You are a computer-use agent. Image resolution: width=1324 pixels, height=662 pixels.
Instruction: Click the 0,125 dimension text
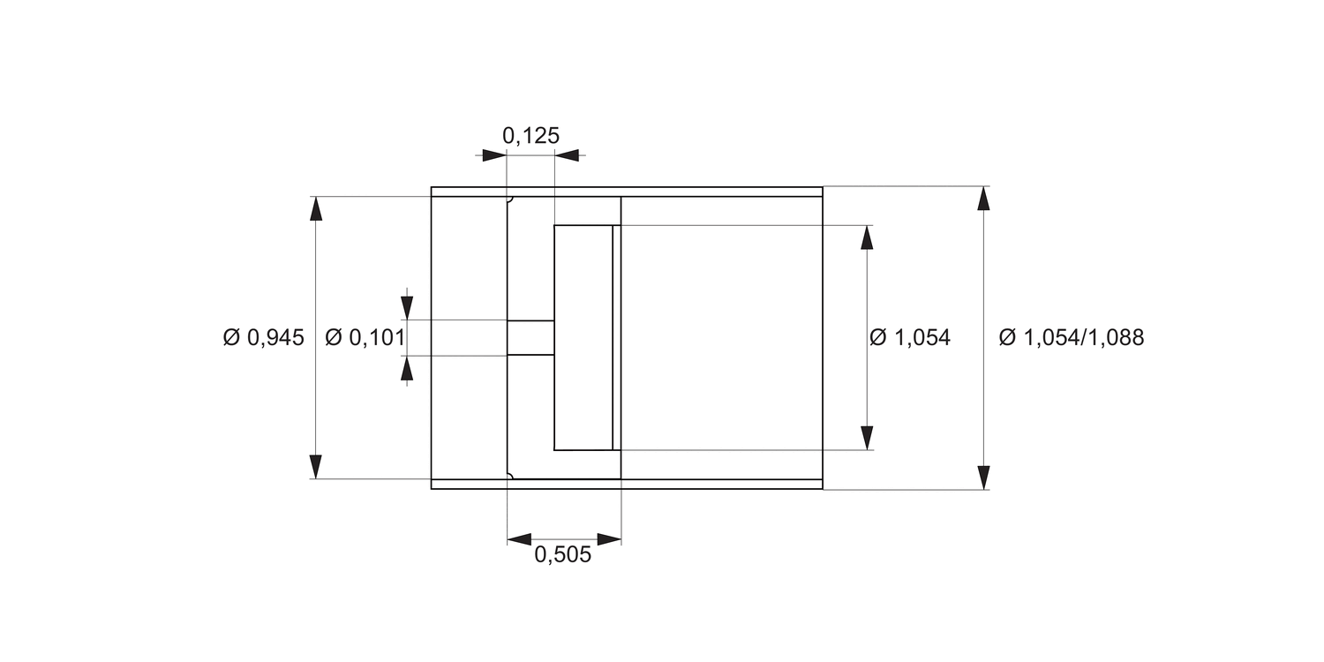point(530,136)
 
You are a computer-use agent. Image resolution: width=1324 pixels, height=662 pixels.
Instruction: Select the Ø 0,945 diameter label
point(263,337)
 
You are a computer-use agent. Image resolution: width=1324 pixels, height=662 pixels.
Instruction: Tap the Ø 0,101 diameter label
point(365,337)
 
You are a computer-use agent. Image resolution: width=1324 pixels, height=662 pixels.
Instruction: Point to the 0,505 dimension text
point(563,556)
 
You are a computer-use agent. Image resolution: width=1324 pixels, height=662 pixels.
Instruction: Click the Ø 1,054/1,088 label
point(1071,337)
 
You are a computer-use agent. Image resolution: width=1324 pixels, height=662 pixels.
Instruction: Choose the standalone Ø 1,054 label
point(909,337)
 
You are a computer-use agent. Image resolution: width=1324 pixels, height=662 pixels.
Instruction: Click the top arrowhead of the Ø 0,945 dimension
point(316,208)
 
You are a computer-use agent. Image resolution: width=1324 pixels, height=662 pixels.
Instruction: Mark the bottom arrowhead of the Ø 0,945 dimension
point(316,466)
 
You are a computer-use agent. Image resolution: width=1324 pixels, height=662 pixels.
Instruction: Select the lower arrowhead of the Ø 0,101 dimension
point(407,368)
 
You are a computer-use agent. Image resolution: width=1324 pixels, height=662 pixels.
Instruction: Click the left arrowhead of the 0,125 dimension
point(494,155)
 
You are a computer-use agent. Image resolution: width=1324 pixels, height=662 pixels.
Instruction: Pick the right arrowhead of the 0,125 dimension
point(567,155)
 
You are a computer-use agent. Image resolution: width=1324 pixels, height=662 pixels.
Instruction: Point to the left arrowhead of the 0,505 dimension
point(520,539)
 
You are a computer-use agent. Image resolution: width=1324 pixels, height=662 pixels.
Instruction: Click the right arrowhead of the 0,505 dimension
point(609,539)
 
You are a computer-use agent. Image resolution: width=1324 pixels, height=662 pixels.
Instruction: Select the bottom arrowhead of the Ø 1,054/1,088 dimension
point(983,477)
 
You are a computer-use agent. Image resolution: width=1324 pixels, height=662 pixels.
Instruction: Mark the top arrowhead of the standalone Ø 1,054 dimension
point(867,237)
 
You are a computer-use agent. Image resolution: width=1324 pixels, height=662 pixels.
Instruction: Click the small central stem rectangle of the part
point(530,338)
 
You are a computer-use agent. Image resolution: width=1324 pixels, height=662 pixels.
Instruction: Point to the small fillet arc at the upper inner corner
point(510,199)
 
